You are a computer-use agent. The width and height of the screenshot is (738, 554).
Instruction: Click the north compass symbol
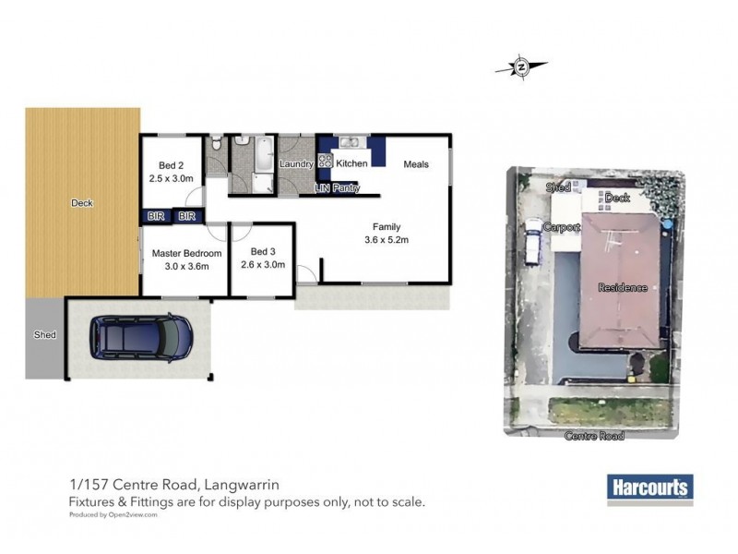pyautogui.click(x=521, y=66)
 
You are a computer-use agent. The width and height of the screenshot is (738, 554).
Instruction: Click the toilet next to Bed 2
pyautogui.click(x=214, y=143)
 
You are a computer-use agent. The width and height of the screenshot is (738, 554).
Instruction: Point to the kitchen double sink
pyautogui.click(x=351, y=142)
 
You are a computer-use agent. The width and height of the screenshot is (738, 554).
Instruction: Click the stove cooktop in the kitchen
pyautogui.click(x=325, y=160)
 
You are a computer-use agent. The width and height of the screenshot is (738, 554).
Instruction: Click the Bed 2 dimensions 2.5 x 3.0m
pyautogui.click(x=171, y=178)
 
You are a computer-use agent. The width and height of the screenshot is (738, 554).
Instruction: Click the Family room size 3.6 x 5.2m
pyautogui.click(x=386, y=239)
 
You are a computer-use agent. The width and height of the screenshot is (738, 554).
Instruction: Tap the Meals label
pyautogui.click(x=418, y=164)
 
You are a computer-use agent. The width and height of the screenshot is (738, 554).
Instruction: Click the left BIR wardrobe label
pyautogui.click(x=155, y=216)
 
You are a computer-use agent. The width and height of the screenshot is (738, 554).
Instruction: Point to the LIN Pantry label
pyautogui.click(x=336, y=188)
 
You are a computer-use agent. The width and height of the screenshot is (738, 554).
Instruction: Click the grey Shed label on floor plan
pyautogui.click(x=44, y=335)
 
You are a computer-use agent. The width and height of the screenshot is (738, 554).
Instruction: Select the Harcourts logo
pyautogui.click(x=649, y=488)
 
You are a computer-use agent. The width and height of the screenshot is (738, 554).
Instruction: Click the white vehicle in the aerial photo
pyautogui.click(x=534, y=242)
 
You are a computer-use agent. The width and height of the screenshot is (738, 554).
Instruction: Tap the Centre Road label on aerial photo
pyautogui.click(x=597, y=436)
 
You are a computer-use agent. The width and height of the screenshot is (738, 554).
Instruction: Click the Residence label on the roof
pyautogui.click(x=622, y=287)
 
